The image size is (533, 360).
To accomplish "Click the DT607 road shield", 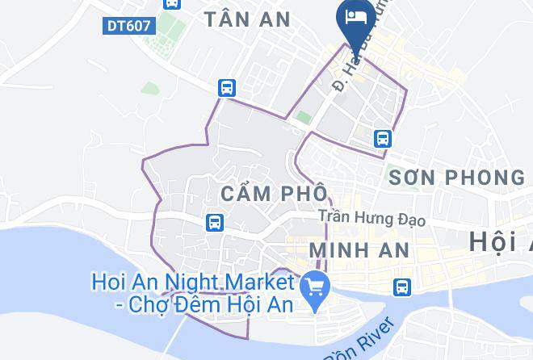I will pyautogui.click(x=128, y=26).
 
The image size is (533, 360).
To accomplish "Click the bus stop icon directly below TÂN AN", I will pyautogui.click(x=227, y=87).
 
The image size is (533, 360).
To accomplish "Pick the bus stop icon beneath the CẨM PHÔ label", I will pyautogui.click(x=214, y=221).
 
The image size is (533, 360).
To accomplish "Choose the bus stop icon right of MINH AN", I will pyautogui.click(x=401, y=286).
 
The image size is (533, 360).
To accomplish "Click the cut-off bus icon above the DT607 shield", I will pyautogui.click(x=171, y=3).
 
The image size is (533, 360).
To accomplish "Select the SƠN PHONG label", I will pyautogui.click(x=456, y=177).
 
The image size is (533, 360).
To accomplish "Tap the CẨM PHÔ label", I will pyautogui.click(x=274, y=194).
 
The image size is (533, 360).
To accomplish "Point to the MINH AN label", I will pyautogui.click(x=359, y=249).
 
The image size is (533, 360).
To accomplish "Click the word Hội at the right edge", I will pyautogui.click(x=497, y=241).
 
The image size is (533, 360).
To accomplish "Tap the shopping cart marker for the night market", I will pyautogui.click(x=311, y=286).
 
